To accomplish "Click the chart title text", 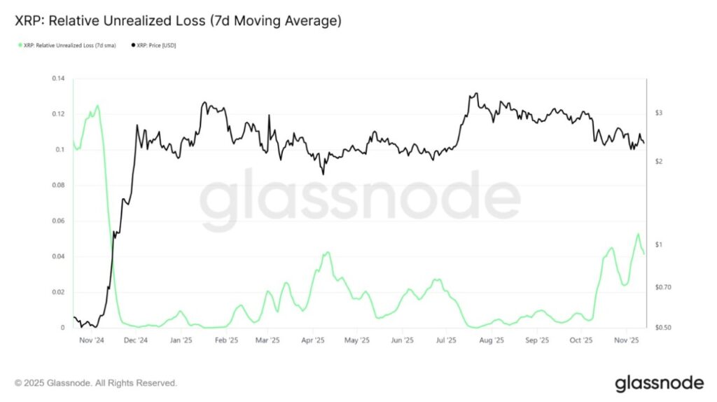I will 178,22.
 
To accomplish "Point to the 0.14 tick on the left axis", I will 57,78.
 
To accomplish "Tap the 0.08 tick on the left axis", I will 57,186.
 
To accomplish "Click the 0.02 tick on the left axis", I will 57,292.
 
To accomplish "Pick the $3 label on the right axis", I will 659,113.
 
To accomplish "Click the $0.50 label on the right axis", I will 662,328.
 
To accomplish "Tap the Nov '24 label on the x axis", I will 91,341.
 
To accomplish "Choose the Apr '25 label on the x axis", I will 313,341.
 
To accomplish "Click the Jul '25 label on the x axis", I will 447,341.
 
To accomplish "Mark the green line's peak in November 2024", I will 97,106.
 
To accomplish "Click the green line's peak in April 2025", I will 326,252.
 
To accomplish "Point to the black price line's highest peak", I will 476,93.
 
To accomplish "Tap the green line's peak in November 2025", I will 638,234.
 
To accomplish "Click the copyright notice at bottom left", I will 95,383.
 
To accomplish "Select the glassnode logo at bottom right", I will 659,383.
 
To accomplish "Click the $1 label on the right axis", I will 659,244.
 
